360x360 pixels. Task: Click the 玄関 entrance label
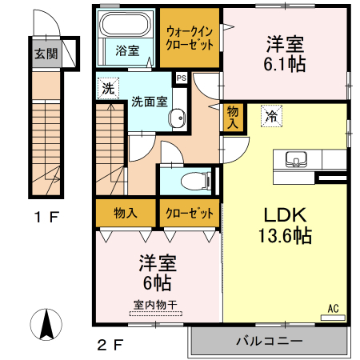(x=45, y=54)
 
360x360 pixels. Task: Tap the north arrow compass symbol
(x=46, y=325)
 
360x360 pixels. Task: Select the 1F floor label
(x=46, y=217)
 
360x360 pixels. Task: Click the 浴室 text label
(x=127, y=50)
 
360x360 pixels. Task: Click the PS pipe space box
(x=181, y=78)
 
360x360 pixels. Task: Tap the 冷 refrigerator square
(x=272, y=117)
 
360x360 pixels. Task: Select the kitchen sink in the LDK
(x=296, y=159)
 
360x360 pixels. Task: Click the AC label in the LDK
(x=334, y=306)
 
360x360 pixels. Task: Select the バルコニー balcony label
(x=268, y=341)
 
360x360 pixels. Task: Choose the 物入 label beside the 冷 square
(x=233, y=117)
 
